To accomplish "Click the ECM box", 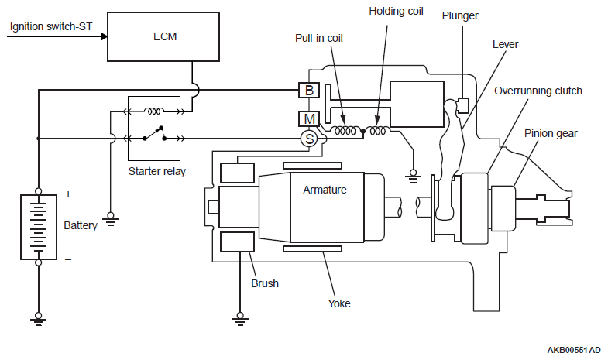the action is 163,36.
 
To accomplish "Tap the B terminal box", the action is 309,91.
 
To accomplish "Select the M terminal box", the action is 309,118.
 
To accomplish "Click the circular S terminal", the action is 309,139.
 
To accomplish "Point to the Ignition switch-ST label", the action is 51,27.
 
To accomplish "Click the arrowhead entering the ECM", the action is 104,36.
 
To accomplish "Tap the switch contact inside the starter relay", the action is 154,133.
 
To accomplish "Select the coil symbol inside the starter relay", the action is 154,111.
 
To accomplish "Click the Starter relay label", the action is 157,171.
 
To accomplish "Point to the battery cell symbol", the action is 39,227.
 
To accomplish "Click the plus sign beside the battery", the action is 68,194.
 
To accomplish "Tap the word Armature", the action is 325,190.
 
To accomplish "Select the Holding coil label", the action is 396,12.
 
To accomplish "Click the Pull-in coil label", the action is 319,38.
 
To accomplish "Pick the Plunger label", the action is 460,16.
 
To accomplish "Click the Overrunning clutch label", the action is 538,91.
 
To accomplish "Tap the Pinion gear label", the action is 551,134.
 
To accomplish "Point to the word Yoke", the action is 339,303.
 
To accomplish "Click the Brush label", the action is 265,283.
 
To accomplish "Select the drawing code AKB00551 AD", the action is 574,350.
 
